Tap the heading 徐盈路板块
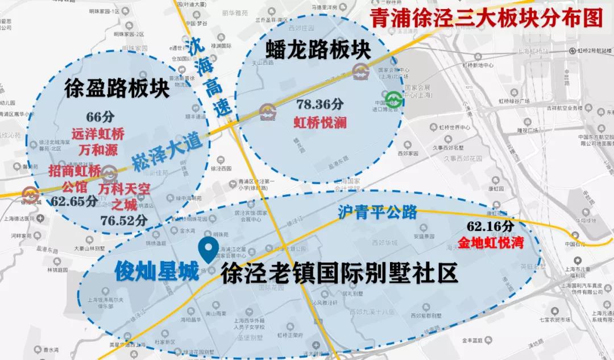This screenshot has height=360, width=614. [117, 88]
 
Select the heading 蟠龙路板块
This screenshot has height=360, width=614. [318, 49]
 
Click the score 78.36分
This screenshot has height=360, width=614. [320, 105]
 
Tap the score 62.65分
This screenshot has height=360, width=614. [74, 201]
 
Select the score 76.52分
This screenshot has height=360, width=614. [125, 220]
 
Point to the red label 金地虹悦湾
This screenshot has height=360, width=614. [488, 242]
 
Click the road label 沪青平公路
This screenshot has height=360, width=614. [377, 212]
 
